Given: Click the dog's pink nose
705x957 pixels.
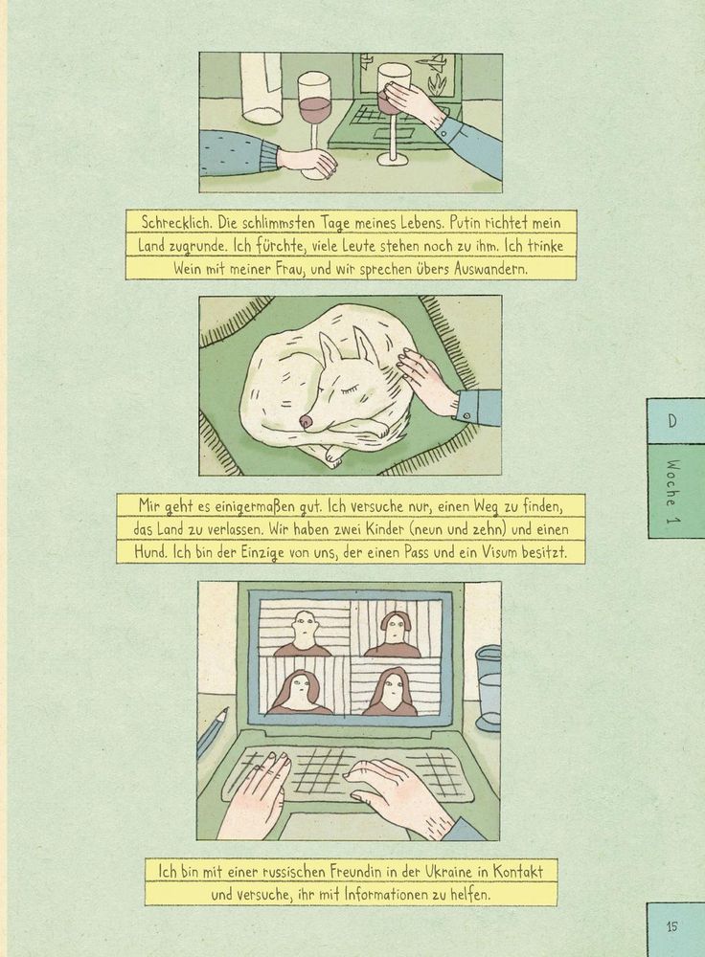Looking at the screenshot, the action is tap(307, 420).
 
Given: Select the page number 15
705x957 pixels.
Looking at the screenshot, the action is tap(672, 925).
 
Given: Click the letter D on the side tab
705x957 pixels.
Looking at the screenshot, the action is tap(671, 420).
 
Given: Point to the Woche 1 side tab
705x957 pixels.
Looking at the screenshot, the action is tap(676, 491).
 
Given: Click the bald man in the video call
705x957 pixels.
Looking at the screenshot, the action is tap(303, 634).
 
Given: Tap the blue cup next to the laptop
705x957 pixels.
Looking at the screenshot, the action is tap(488, 688).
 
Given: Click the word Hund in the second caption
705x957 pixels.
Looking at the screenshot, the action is tap(150, 552).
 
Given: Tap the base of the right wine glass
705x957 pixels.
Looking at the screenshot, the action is tap(393, 159).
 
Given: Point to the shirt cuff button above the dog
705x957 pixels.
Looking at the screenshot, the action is tap(467, 415).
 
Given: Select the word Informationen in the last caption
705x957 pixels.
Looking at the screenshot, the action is tap(387, 895).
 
